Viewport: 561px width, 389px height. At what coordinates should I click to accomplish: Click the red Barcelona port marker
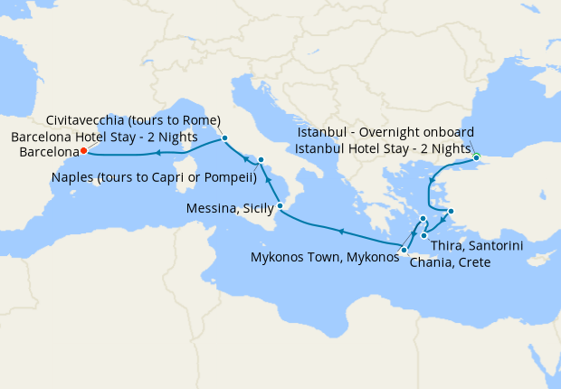83,151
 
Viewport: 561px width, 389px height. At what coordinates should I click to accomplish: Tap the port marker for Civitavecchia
224,138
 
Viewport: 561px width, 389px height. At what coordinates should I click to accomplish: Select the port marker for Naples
261,160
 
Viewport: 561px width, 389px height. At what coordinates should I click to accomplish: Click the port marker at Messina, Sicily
280,207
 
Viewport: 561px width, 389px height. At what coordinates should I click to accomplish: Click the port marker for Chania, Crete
404,249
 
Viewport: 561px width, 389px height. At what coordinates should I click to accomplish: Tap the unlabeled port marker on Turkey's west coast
451,213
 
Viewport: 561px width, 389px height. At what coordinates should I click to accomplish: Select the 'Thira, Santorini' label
477,246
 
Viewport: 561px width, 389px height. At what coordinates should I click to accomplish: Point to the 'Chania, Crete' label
450,262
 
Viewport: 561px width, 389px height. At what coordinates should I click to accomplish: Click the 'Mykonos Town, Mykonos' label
324,257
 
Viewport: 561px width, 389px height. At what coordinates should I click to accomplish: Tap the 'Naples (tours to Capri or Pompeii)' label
154,177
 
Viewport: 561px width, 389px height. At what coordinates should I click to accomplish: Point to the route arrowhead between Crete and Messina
341,232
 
